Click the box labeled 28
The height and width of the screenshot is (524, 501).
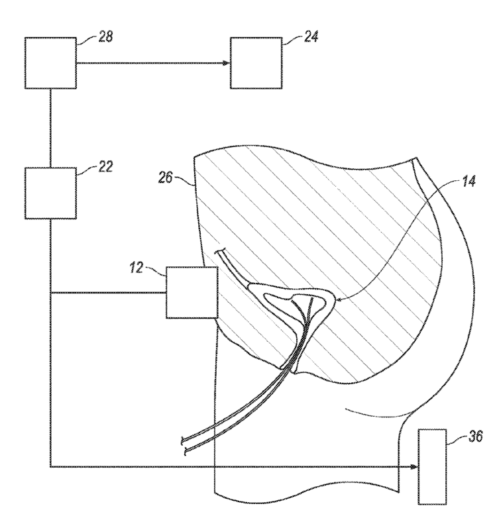click(x=50, y=63)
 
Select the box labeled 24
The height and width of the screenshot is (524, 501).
click(x=256, y=63)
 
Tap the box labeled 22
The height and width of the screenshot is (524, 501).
click(x=50, y=193)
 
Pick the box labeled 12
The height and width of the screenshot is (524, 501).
click(x=192, y=292)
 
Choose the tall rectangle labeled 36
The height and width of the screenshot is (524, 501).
click(x=432, y=466)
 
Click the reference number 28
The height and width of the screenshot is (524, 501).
click(x=105, y=36)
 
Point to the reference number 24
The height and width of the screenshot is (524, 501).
click(x=311, y=36)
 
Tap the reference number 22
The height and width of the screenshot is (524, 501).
click(x=105, y=166)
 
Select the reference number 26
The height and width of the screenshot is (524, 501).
click(x=166, y=178)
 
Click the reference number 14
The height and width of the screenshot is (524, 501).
click(x=469, y=181)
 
